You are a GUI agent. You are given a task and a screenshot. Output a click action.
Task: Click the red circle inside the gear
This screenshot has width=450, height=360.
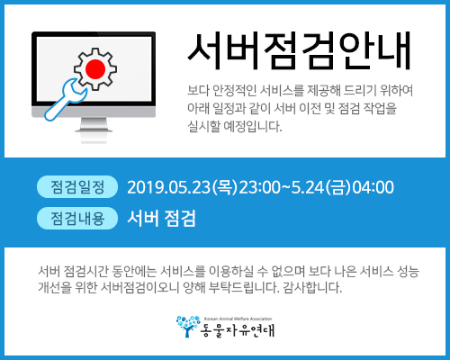[x=95, y=69]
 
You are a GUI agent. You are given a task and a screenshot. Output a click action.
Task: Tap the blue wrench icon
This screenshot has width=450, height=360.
[x=66, y=100]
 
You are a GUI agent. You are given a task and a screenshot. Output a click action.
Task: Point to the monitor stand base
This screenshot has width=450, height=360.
[x=94, y=130]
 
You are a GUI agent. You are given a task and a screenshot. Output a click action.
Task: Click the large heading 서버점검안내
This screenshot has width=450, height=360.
[x=299, y=51]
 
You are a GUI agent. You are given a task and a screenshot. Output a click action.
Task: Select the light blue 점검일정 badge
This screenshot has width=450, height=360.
[x=77, y=187]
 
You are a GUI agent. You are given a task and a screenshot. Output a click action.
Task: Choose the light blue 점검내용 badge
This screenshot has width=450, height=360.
[x=77, y=218]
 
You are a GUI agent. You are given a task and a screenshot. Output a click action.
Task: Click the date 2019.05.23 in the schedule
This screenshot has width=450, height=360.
[x=169, y=187]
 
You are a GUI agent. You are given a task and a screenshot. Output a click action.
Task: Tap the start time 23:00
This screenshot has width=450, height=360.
[x=260, y=187]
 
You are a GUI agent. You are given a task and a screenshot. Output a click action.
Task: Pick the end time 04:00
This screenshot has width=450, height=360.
[x=373, y=187]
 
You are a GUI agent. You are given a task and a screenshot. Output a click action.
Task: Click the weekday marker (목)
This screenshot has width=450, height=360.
[x=225, y=187]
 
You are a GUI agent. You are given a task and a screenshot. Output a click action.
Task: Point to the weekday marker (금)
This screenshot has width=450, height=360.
[x=338, y=187]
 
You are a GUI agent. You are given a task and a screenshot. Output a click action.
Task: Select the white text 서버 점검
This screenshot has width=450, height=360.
[x=161, y=218]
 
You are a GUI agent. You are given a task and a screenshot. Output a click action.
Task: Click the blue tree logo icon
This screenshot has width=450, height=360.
[x=188, y=327]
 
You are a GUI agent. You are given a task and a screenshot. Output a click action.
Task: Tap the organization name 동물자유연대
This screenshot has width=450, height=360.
[x=238, y=330]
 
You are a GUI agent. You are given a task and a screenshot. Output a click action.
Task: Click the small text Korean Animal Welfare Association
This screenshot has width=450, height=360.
[x=238, y=319]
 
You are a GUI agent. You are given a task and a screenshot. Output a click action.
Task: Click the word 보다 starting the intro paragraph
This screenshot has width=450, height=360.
[x=198, y=90]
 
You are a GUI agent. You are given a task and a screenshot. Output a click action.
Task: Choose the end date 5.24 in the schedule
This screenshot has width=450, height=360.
[x=308, y=187]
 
